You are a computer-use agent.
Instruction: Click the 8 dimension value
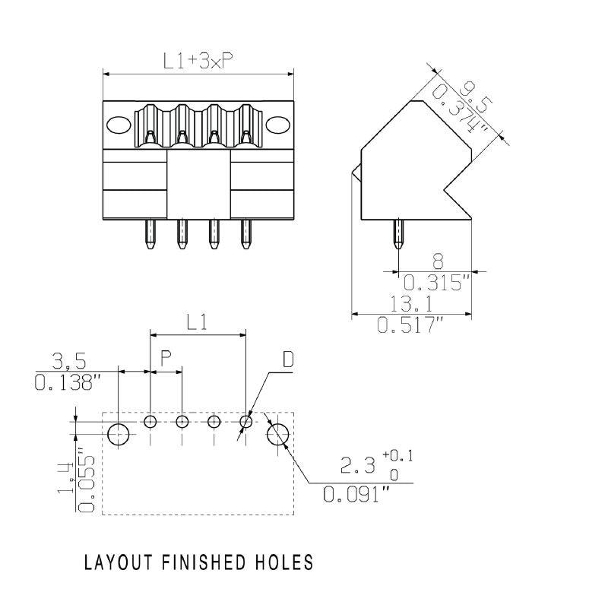coord(437,260)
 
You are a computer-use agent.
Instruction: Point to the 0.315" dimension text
coord(437,283)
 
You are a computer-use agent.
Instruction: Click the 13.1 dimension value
coord(410,304)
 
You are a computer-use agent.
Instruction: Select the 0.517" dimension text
coord(410,327)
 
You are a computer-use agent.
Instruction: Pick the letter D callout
coord(287,359)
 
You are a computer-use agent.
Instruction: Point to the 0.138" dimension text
coord(68,382)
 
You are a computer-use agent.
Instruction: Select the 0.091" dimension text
coord(356,496)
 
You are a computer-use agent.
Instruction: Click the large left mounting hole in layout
coord(119,435)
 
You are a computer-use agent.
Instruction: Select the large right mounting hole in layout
coord(278,435)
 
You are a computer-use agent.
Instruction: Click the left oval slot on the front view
coord(119,125)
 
